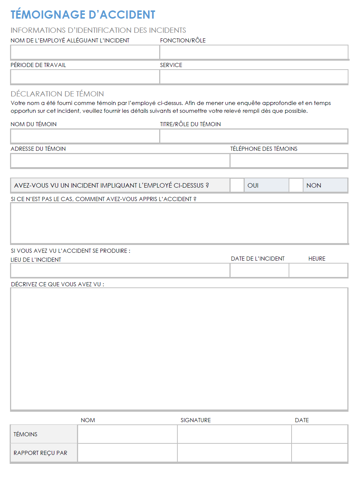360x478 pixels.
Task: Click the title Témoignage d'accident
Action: pyautogui.click(x=83, y=15)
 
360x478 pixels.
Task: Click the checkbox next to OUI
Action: pyautogui.click(x=237, y=185)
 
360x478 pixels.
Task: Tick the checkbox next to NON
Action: pyautogui.click(x=296, y=185)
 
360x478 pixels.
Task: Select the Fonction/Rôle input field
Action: pyautogui.click(x=254, y=52)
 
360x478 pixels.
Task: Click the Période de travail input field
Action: pyautogui.click(x=85, y=77)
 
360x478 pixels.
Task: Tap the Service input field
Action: pyautogui.click(x=254, y=77)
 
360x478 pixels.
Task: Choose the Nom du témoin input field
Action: pyautogui.click(x=85, y=136)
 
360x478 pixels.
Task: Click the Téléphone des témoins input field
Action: pyautogui.click(x=289, y=160)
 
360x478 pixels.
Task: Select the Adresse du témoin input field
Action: pyautogui.click(x=120, y=160)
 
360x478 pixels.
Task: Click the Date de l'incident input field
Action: pyautogui.click(x=259, y=270)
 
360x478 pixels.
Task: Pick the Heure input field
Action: pyautogui.click(x=318, y=270)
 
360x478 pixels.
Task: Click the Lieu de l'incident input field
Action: pyautogui.click(x=120, y=270)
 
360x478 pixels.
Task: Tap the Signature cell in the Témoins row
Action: pyautogui.click(x=234, y=434)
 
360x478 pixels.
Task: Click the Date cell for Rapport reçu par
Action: pyautogui.click(x=319, y=453)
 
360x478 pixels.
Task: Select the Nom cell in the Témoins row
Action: pyautogui.click(x=127, y=434)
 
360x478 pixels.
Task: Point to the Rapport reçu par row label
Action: pyautogui.click(x=41, y=453)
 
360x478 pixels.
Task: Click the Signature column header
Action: pyautogui.click(x=196, y=420)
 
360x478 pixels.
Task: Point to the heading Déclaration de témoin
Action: pyautogui.click(x=57, y=94)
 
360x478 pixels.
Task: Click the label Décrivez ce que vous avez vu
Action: pyautogui.click(x=58, y=284)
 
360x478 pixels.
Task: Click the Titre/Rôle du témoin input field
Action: pyautogui.click(x=254, y=136)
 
